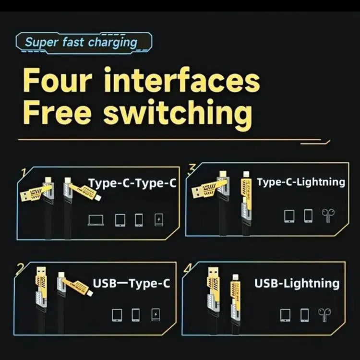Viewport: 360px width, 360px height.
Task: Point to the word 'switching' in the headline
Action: point(178,114)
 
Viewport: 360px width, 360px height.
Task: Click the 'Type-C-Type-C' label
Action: point(132,183)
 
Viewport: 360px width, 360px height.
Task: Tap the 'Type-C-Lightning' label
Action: point(300,182)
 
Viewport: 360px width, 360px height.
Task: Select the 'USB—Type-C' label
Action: point(131,283)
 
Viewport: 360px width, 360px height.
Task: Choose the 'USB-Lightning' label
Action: point(297,283)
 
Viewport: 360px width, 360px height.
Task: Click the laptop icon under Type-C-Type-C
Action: point(96,220)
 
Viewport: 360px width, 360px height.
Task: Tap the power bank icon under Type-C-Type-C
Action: point(158,220)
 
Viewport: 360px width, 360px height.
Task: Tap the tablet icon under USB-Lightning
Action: point(286,315)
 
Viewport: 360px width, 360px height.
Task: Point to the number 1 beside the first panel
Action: point(22,171)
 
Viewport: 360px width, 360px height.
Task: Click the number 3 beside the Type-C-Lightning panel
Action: point(192,168)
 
